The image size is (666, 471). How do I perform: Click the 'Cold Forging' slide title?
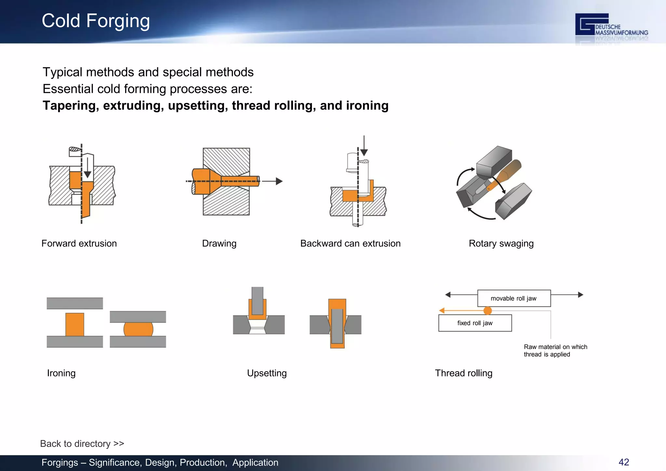tap(96, 21)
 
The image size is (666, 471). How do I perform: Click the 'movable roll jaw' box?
tap(513, 298)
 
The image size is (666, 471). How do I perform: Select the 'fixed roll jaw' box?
tap(475, 323)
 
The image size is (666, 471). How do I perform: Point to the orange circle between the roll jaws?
tap(487, 311)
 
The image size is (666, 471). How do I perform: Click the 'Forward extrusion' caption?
tap(79, 243)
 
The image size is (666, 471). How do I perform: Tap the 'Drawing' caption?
tap(219, 243)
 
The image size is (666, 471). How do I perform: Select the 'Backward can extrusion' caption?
tap(350, 243)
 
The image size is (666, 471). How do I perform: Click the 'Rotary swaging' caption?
tap(501, 243)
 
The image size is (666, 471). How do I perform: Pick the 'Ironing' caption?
tap(61, 373)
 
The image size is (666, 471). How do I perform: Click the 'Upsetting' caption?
tap(267, 373)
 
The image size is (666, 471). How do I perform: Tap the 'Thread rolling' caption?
tap(463, 373)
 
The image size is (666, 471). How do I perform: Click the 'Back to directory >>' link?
tap(82, 443)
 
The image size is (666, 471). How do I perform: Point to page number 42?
tap(623, 462)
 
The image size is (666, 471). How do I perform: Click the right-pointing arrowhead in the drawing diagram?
tap(279, 181)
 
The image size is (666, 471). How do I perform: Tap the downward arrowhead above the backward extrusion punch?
tap(364, 152)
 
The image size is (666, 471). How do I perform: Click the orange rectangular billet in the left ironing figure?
tap(75, 324)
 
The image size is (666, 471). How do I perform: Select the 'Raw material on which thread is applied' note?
tap(555, 350)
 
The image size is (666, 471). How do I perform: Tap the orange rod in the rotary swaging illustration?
tap(507, 172)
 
